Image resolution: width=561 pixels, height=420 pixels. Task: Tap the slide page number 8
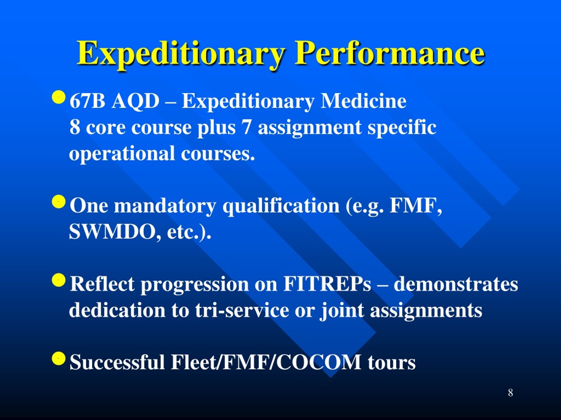511,393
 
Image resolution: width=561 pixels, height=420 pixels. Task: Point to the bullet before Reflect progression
59,280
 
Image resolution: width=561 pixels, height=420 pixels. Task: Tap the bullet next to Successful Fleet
59,358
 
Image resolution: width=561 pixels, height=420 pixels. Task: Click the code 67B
87,101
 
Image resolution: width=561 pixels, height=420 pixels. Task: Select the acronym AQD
136,101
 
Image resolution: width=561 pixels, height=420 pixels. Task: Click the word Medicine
363,101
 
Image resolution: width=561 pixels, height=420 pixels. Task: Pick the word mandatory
165,206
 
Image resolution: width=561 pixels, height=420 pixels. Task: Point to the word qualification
281,206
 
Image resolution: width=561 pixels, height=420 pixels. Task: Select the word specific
402,127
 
